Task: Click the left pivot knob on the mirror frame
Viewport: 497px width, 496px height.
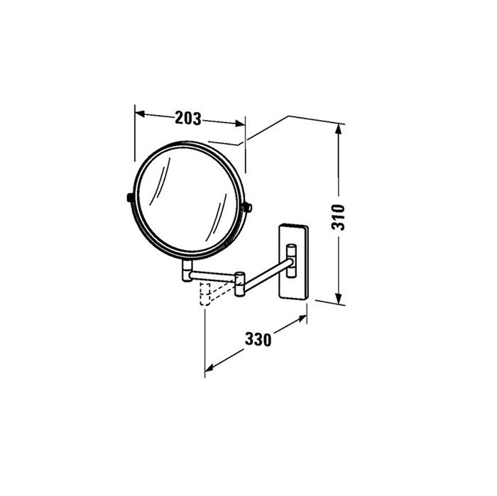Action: pos(128,197)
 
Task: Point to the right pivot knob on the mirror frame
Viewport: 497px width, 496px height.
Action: pos(248,206)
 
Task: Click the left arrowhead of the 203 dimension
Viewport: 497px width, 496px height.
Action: pos(138,112)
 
